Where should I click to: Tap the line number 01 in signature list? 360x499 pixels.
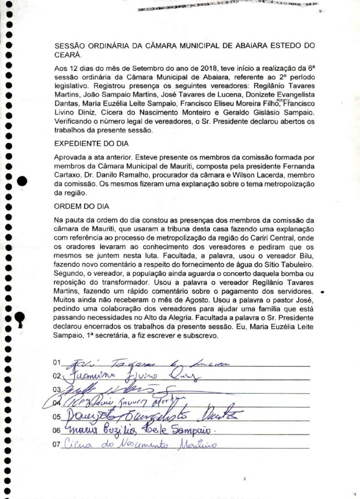57,363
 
